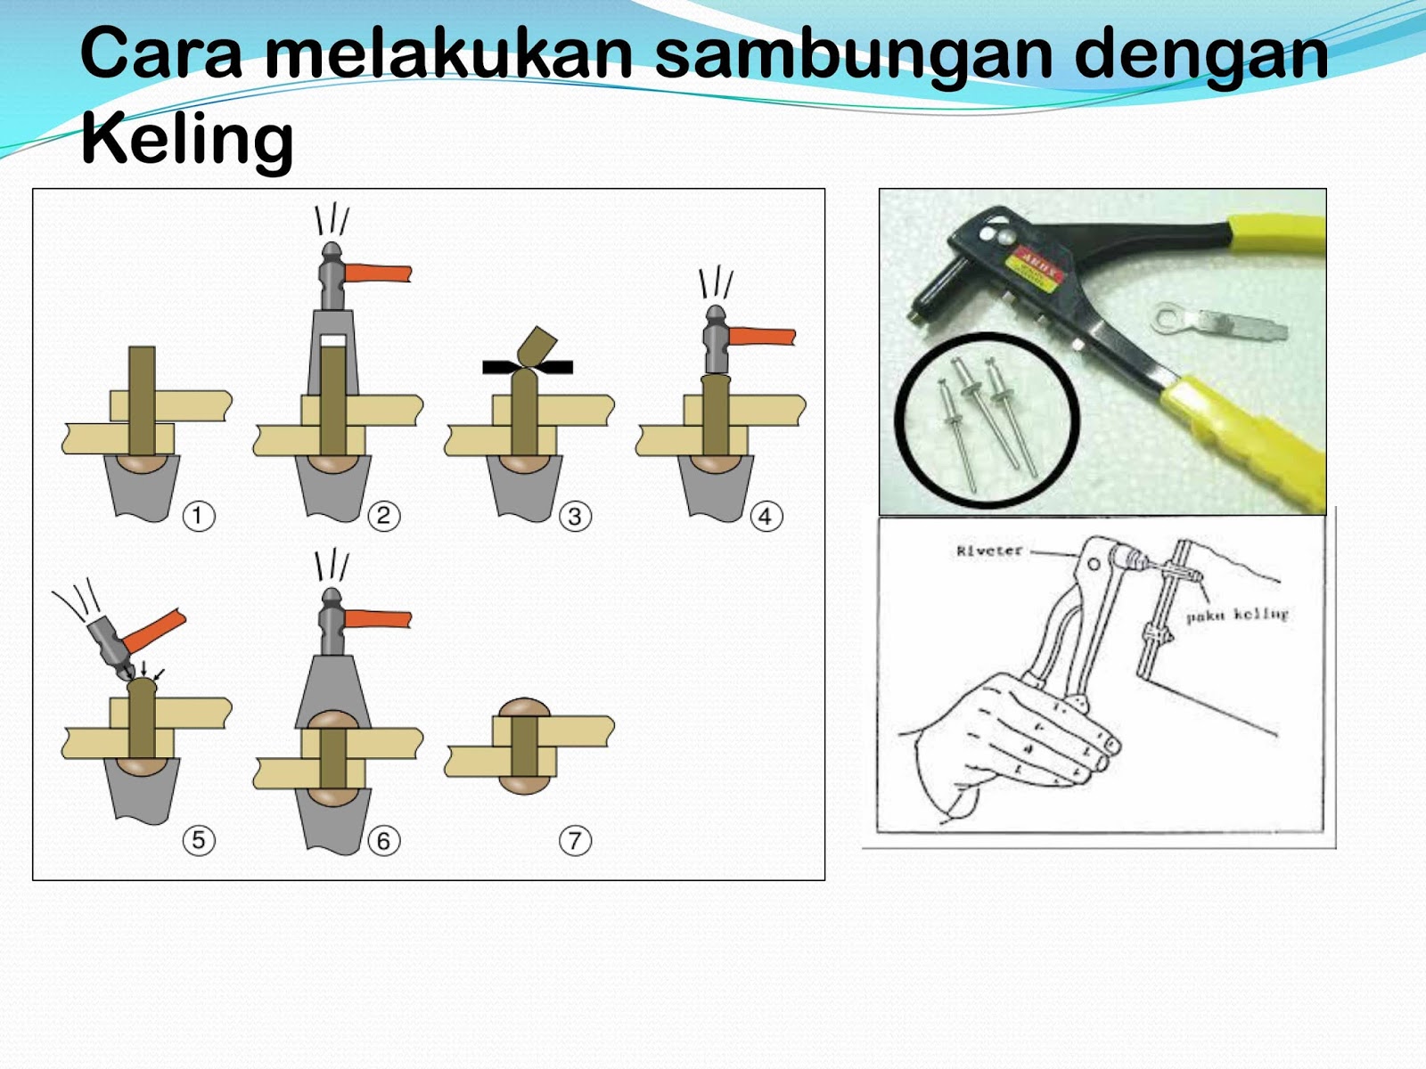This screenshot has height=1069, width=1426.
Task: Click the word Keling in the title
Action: point(186,140)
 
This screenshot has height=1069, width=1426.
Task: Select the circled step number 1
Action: point(198,516)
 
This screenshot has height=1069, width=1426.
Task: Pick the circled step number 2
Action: point(383,516)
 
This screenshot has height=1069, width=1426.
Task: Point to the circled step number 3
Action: point(575,517)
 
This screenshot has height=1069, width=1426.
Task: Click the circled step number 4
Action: point(766,517)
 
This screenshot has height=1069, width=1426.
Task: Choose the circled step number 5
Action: point(198,840)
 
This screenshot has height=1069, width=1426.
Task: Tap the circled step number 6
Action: point(383,841)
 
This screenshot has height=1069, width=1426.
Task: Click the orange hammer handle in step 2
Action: point(378,273)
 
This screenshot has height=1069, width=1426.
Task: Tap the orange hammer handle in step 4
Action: point(761,337)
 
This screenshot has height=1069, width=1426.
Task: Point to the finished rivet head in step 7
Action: point(524,710)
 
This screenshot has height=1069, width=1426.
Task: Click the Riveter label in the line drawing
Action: point(989,551)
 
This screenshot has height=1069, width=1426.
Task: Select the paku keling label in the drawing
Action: point(1237,615)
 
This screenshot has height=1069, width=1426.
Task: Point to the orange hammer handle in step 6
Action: point(378,619)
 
